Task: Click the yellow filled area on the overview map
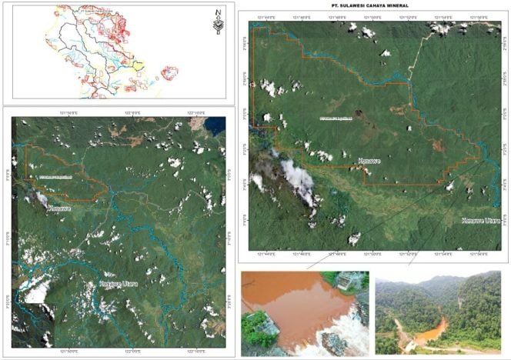point(137,66)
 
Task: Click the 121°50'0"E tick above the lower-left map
point(69,113)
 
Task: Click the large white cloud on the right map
point(294,180)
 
